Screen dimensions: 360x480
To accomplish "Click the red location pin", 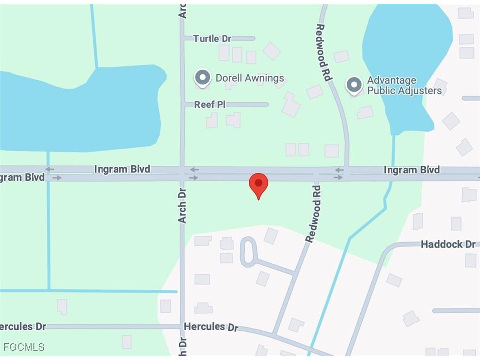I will (259, 184).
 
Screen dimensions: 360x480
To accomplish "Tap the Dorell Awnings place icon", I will (202, 78).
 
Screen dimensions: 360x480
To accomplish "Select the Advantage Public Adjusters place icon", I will (354, 85).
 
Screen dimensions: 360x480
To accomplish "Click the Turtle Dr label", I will (212, 39).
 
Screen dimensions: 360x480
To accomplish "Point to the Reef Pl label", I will (210, 105).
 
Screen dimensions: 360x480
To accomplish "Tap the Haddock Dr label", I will (448, 244).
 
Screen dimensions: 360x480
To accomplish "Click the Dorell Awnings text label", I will (250, 78).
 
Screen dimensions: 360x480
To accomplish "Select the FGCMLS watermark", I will (24, 347).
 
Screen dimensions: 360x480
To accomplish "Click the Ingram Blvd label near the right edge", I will (411, 170).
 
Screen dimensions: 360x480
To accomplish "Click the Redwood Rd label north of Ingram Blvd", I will (324, 52).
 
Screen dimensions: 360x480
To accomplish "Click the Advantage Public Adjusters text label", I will (404, 85).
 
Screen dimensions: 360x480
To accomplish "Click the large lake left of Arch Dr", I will (79, 111).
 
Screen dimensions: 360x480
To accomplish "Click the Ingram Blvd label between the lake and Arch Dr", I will (122, 169).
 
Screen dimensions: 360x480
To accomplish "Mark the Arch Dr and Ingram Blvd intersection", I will (182, 173).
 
